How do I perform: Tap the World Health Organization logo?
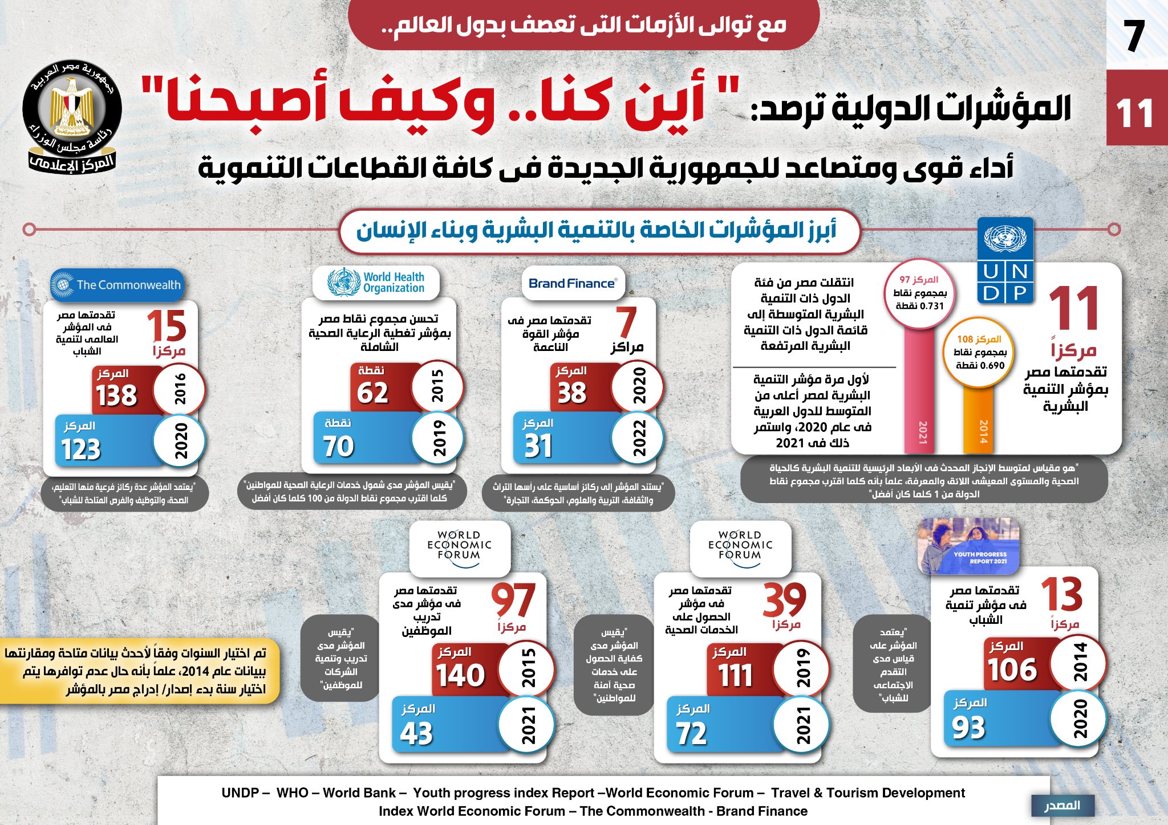point(376,283)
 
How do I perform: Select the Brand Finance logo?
point(573,283)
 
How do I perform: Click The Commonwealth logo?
point(117,284)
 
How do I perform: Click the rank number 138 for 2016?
point(116,395)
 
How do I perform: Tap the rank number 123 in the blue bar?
point(81,450)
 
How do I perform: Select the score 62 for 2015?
point(372,393)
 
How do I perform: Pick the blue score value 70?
point(339,446)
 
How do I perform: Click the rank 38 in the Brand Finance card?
point(571,393)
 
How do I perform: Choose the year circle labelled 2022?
point(638,438)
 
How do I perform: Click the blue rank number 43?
point(416,733)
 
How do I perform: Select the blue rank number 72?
point(691,733)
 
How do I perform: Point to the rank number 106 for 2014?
point(1012,669)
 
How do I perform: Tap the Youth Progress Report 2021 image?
point(968,546)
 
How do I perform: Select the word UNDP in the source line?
point(240,793)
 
